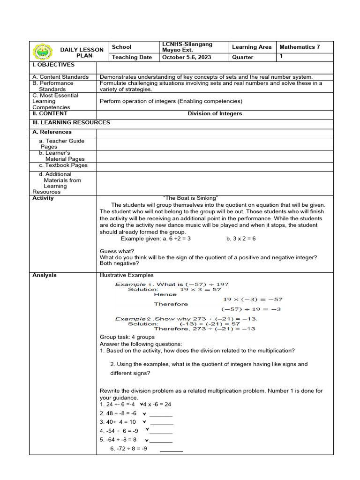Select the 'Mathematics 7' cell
point(300,47)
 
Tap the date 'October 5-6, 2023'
point(187,57)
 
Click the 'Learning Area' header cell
point(252,47)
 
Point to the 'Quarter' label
point(243,57)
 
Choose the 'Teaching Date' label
point(132,57)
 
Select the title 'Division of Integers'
point(215,113)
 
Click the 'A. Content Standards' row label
point(60,77)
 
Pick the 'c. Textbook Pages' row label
point(63,165)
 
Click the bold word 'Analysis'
point(45,275)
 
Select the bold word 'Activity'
point(43,198)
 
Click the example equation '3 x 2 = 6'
point(241,239)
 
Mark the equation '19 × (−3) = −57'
point(252,299)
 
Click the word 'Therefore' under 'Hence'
point(171,304)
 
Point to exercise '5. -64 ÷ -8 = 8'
point(118,440)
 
